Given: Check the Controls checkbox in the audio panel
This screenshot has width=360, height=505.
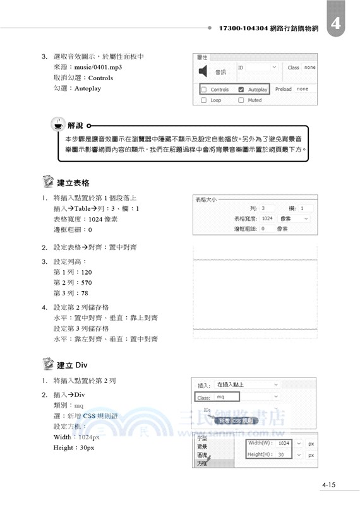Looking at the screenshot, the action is pos(204,90).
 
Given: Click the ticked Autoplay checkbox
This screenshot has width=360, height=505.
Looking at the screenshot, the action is pos(241,90).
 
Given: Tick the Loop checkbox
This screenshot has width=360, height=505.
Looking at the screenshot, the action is pos(204,100).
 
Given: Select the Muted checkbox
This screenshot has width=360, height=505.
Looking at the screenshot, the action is pos(241,100).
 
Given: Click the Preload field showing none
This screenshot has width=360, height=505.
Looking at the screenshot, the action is pos(306,89).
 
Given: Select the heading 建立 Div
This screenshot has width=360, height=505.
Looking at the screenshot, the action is pos(72,365).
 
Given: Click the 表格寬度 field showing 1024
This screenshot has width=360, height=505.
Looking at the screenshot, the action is pos(267,218).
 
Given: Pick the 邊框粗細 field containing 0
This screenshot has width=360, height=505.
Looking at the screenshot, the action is pos(265,229).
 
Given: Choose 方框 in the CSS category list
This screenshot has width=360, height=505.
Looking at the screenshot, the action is pos(203,463).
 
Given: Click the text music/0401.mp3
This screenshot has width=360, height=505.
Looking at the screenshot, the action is pos(97,67).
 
